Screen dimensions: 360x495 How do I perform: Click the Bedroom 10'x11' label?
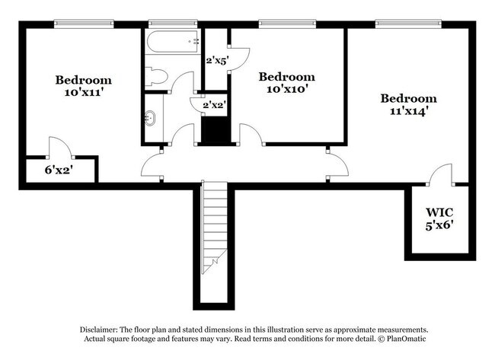coord(83,86)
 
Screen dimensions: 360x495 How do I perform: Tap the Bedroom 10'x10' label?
coord(286,83)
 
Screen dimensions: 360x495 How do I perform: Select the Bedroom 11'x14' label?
coord(409,104)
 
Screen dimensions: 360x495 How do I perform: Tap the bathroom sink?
coord(152,118)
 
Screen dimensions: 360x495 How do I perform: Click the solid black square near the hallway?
coord(216,131)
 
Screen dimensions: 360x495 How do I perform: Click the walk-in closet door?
coord(439,176)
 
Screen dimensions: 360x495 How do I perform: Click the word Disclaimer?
coord(101,329)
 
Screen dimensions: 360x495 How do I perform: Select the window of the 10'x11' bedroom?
coord(83,24)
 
